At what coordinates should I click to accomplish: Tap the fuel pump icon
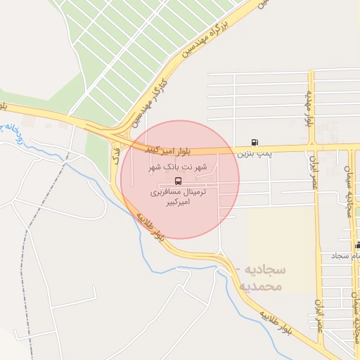255,142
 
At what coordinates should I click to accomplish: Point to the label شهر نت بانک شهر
177,167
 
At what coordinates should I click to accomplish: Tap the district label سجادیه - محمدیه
259,278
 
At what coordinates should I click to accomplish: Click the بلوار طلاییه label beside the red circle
151,226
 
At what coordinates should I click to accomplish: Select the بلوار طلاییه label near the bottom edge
275,320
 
